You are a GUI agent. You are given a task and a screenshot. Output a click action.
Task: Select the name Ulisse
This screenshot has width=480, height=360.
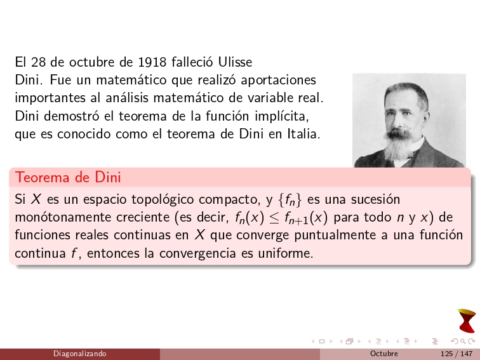click(235, 62)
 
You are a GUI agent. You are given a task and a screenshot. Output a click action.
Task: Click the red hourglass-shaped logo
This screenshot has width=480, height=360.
click(466, 320)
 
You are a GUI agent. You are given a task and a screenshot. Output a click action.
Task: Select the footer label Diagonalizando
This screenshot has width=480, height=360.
click(79, 354)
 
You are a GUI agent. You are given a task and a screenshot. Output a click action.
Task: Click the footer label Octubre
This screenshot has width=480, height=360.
click(383, 354)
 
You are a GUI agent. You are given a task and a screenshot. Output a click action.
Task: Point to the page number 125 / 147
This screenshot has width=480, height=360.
click(451, 354)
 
